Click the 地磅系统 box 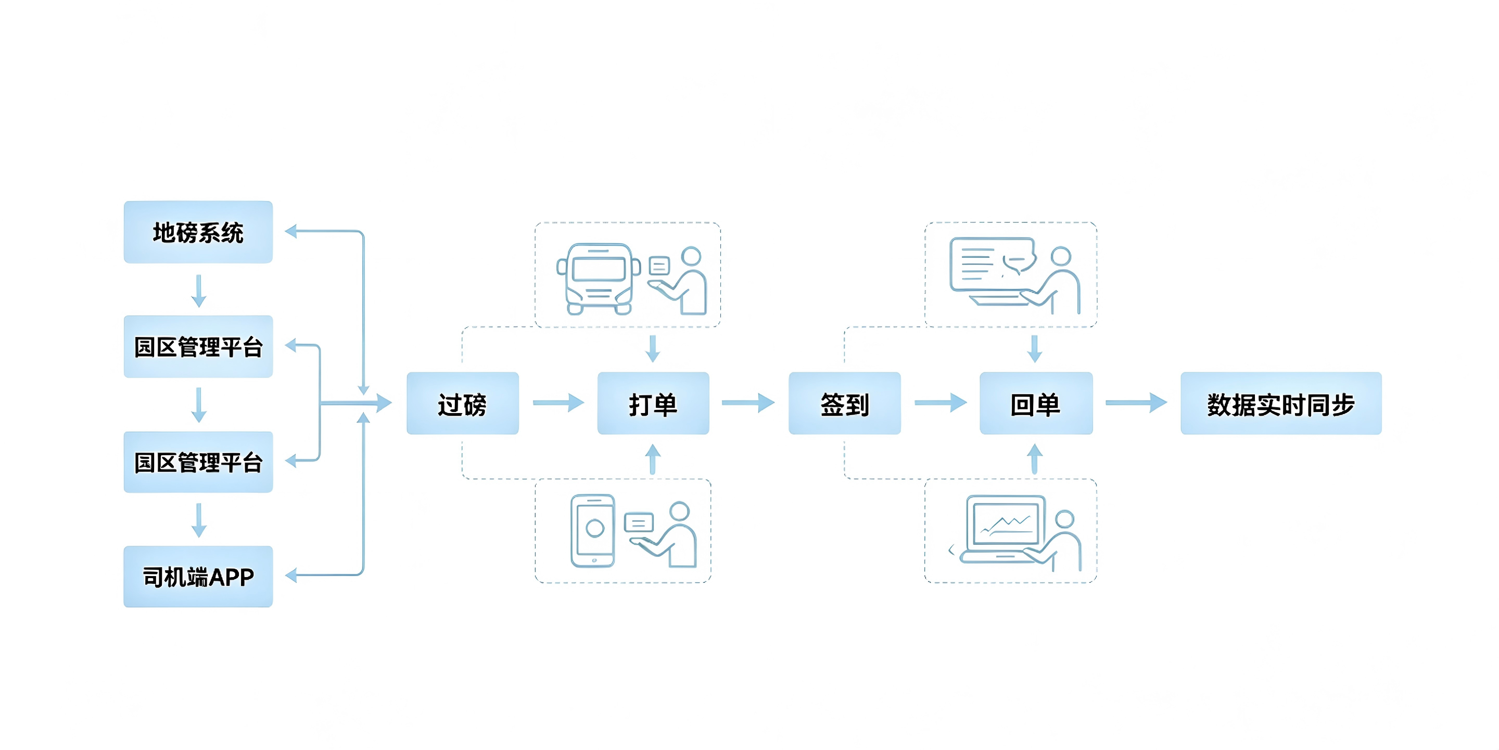[x=198, y=232]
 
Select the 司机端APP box [x=198, y=577]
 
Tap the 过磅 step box [x=463, y=403]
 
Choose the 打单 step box [x=653, y=403]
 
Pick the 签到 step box [x=844, y=403]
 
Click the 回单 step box [x=1036, y=403]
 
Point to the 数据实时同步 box [x=1281, y=403]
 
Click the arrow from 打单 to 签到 [x=748, y=403]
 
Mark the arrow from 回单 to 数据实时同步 [x=1136, y=403]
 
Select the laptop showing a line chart [x=1002, y=529]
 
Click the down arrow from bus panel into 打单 [x=653, y=348]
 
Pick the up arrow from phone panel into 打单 [x=653, y=459]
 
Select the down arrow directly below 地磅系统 [x=199, y=291]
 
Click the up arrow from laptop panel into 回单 [x=1035, y=459]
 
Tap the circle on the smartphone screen [x=595, y=528]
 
